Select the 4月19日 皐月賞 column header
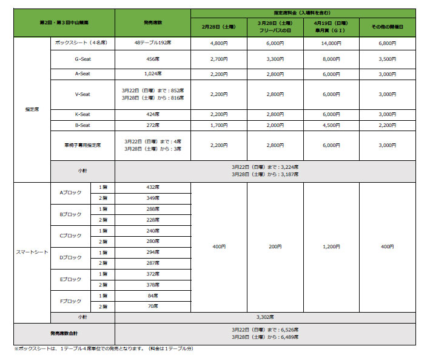point(331,25)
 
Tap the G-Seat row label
point(82,58)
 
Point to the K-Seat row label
point(82,114)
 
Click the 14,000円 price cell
point(331,43)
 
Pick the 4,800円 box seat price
point(218,43)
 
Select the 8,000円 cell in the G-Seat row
point(331,58)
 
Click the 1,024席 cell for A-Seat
point(152,73)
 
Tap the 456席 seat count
point(152,58)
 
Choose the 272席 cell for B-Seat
point(152,124)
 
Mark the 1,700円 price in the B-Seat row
point(218,124)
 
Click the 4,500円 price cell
point(331,124)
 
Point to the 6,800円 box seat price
point(387,43)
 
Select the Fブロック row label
point(70,301)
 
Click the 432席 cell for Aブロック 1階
point(152,187)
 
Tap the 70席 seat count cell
point(152,307)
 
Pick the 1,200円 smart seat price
point(331,247)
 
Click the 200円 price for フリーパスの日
point(275,247)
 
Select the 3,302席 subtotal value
point(265,317)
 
